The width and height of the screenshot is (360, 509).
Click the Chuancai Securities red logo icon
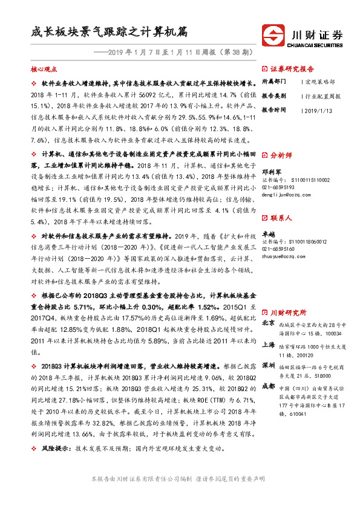tap(274, 35)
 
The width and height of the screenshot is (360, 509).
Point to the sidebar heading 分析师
tap(283, 155)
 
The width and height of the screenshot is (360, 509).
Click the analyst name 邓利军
tap(271, 171)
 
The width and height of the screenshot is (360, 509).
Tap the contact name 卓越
tap(268, 233)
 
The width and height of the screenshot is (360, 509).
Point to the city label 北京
tap(269, 323)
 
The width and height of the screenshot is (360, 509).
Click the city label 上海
tap(269, 345)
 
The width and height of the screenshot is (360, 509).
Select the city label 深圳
tap(269, 366)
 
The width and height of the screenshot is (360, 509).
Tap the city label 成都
tap(269, 386)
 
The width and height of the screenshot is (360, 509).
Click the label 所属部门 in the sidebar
tap(275, 80)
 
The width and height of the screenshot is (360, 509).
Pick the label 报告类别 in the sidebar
tap(275, 96)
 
